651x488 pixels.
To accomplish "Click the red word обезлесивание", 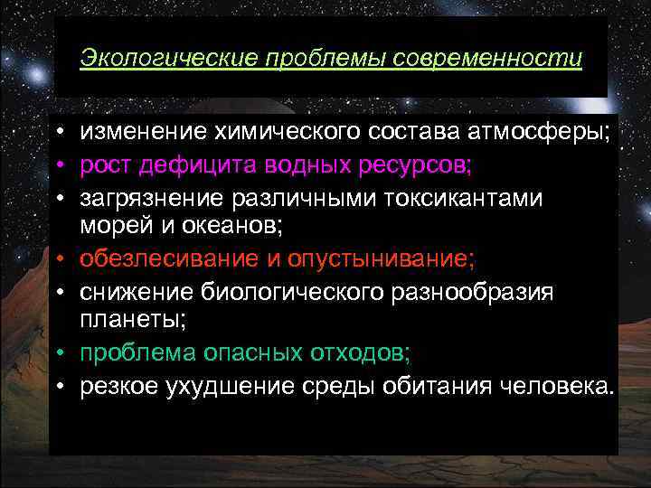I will (169, 260).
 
